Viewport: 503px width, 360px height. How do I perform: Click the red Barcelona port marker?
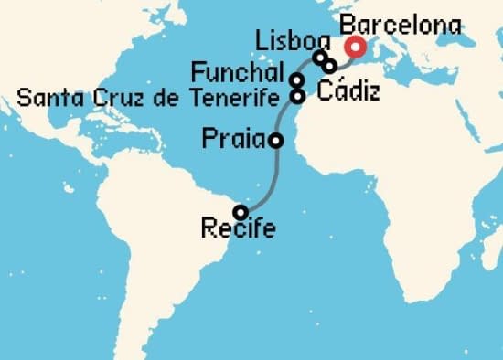click(354, 48)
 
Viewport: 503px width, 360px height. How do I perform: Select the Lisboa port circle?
click(319, 58)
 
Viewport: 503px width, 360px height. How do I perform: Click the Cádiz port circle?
click(329, 66)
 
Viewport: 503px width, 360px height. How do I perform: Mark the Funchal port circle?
click(297, 79)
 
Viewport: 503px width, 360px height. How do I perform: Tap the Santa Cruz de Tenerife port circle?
click(297, 95)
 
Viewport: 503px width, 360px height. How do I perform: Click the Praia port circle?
click(275, 140)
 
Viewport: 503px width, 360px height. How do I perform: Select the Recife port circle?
click(240, 212)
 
